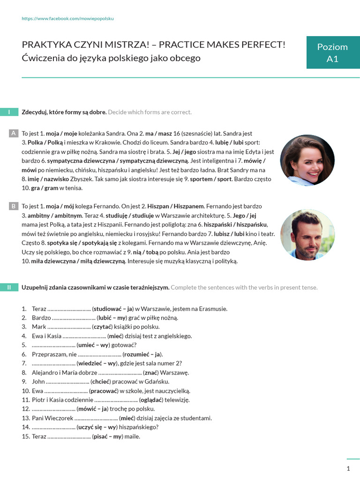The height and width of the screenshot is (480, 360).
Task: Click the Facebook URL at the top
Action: coord(68,19)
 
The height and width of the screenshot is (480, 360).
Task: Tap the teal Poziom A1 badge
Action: coord(332,52)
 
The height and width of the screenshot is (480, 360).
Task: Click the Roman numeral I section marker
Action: coord(9,112)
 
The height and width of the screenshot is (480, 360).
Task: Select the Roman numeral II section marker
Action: coord(9,287)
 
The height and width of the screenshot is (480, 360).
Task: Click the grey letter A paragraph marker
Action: coord(14,133)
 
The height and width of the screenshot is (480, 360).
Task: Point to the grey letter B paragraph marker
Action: coord(14,206)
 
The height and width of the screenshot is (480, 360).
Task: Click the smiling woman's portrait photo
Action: coord(307,160)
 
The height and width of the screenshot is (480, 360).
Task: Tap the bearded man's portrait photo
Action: coord(307,235)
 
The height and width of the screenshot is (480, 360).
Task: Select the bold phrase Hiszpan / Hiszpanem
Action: coord(176,206)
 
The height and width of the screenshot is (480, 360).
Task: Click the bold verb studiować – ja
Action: coord(113,309)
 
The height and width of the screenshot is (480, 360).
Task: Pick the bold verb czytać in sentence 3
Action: coord(103,327)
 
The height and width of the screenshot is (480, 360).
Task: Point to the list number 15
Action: coord(25,437)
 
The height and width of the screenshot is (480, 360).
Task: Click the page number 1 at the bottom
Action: coord(348,468)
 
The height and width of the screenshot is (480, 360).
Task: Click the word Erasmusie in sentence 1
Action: coord(213,309)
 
